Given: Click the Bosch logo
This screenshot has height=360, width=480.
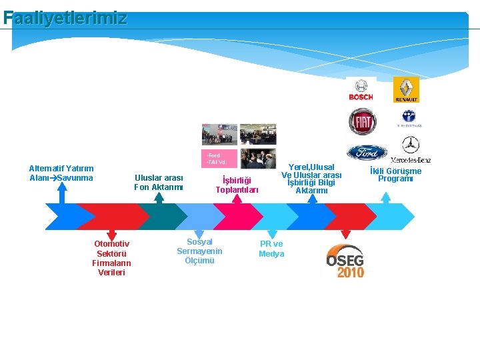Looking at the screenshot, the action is coord(361,91).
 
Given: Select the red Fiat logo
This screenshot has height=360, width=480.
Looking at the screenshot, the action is coord(362,121).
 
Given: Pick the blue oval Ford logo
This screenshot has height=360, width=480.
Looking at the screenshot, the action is coord(367,153).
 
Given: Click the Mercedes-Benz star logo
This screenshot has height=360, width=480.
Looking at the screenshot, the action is coord(411,148).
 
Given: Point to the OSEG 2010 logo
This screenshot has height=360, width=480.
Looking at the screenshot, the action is coord(345,261).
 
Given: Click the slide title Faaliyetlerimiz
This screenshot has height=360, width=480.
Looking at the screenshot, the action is coord(65,18).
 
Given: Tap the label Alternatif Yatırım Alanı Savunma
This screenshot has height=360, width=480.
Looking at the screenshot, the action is coord(62,173).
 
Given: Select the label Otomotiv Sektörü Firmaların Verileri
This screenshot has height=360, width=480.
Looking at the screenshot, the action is coord(111,258).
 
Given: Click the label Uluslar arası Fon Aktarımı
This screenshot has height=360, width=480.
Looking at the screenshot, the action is coord(159,183).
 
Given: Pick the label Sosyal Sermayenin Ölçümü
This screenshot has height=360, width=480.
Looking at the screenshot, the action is coord(199,251).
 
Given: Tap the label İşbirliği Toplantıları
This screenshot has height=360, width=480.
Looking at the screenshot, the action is coord(237,185).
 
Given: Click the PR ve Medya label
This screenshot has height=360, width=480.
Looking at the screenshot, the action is coord(271,249).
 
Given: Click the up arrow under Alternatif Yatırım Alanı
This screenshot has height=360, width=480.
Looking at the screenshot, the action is coord(62,194).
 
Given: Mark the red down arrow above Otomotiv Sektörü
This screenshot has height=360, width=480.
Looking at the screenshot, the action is coord(111,231).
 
